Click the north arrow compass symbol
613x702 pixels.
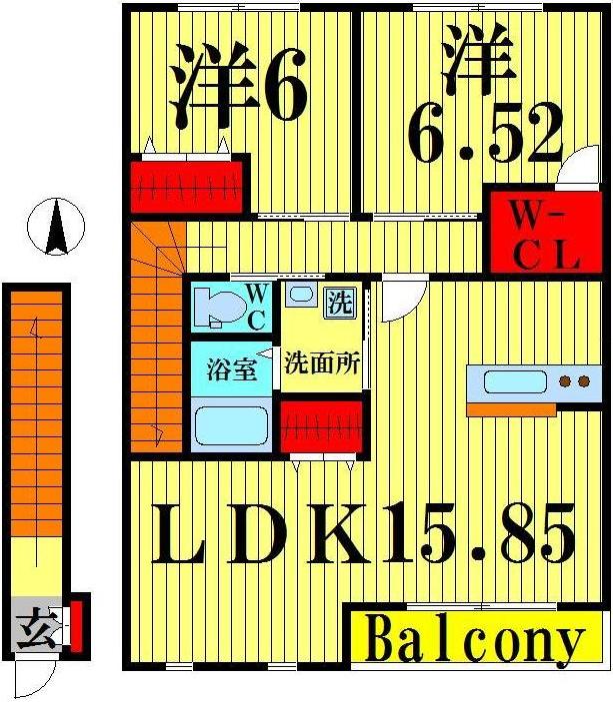pyautogui.click(x=56, y=227)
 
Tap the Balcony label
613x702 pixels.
pyautogui.click(x=474, y=640)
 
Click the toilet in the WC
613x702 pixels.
pyautogui.click(x=214, y=306)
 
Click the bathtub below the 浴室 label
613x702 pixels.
pyautogui.click(x=231, y=424)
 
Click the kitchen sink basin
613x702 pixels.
pyautogui.click(x=514, y=381)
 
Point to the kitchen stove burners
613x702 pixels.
pyautogui.click(x=573, y=381)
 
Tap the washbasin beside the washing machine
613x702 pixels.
pyautogui.click(x=298, y=296)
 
